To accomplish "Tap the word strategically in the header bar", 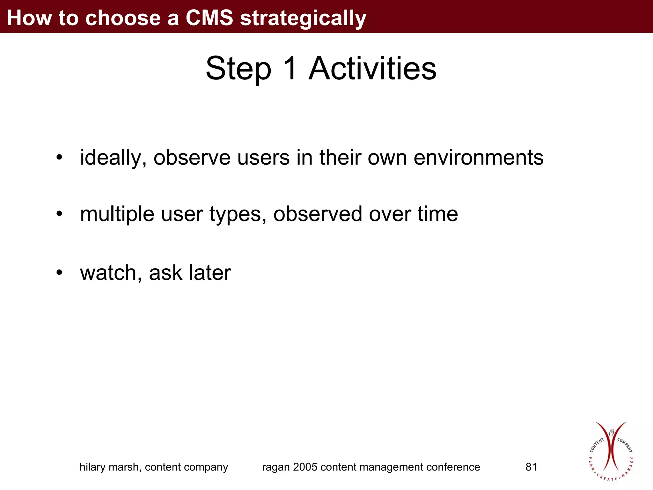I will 303,18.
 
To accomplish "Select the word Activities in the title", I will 372,69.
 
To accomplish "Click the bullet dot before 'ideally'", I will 59,158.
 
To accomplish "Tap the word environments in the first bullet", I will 478,158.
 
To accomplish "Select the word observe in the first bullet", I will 192,158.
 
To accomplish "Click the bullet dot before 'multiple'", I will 59,214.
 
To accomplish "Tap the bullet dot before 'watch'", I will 59,273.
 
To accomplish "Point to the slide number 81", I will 531,467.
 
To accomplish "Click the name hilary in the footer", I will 92,467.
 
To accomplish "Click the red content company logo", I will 611,451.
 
